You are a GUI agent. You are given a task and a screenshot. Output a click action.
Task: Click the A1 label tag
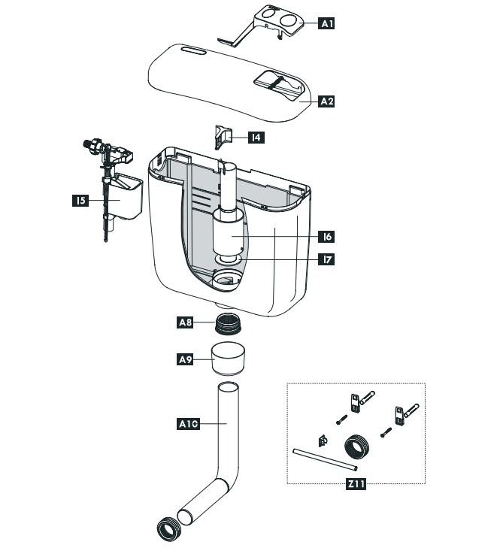pyautogui.click(x=326, y=24)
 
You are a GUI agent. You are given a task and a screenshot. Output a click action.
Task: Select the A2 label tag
pyautogui.click(x=326, y=101)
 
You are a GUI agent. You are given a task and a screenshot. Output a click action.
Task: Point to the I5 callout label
pyautogui.click(x=80, y=201)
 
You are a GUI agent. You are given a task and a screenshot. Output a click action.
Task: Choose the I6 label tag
pyautogui.click(x=326, y=236)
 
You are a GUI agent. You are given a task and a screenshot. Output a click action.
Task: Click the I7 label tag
pyautogui.click(x=326, y=259)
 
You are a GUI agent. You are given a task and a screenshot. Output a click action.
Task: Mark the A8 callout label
pyautogui.click(x=186, y=323)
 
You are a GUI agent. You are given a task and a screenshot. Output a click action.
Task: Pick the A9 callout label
pyautogui.click(x=186, y=360)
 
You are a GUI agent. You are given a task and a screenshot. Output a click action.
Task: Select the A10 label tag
pyautogui.click(x=187, y=424)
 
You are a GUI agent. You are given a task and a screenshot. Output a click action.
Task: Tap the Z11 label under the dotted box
pyautogui.click(x=356, y=485)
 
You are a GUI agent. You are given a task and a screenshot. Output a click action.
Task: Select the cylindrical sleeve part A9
pyautogui.click(x=228, y=359)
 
